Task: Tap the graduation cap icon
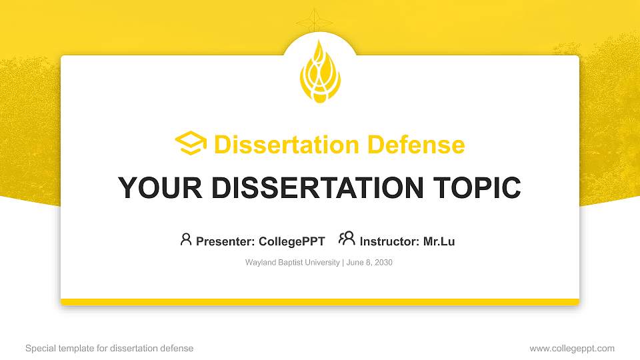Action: tap(191, 144)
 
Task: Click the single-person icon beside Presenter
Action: tap(186, 239)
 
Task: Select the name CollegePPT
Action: tap(291, 241)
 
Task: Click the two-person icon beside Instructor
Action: tap(347, 239)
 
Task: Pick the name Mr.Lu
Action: tap(439, 241)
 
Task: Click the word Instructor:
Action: tap(390, 241)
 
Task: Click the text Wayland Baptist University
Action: tap(293, 263)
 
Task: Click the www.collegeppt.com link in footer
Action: tap(572, 348)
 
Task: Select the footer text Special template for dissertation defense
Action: tap(109, 348)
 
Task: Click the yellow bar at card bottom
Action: tap(320, 302)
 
